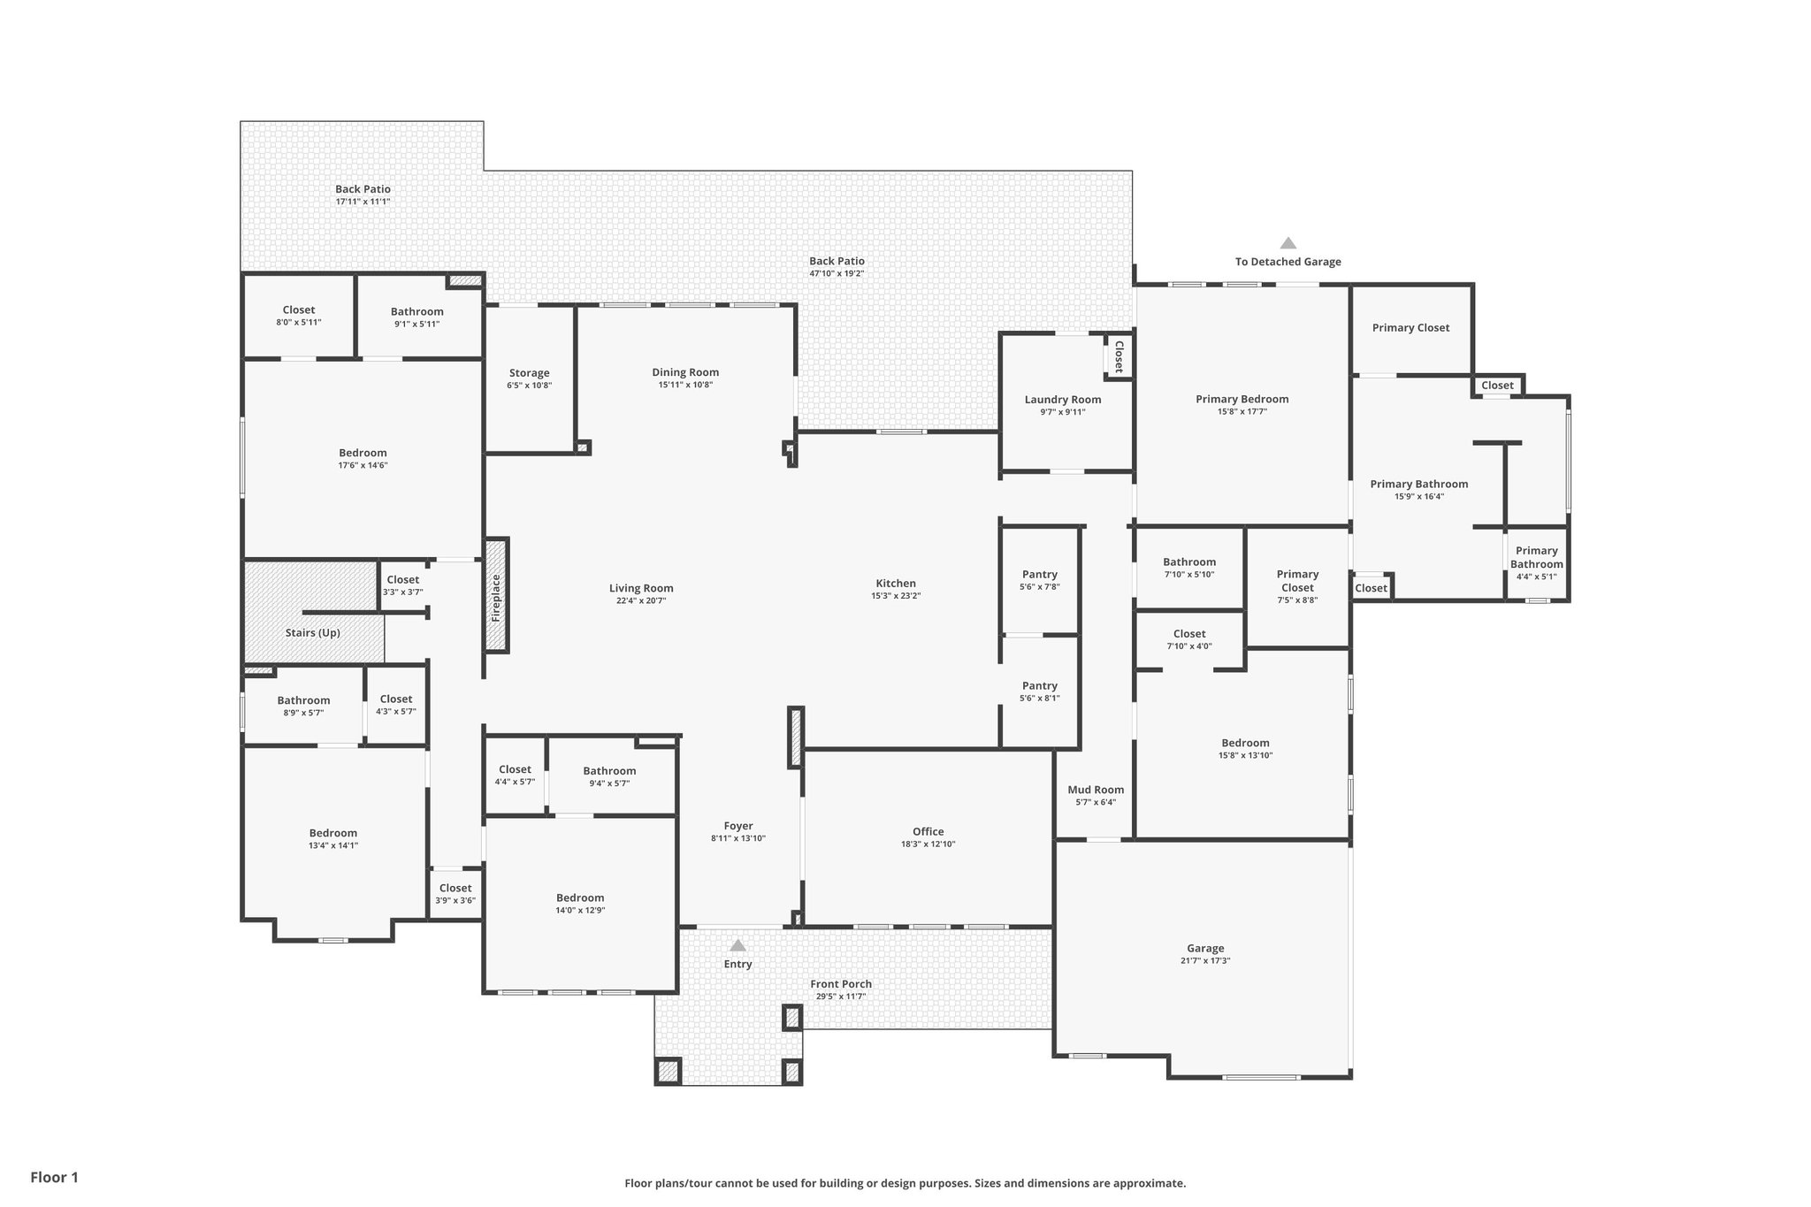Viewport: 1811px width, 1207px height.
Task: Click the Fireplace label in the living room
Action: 496,598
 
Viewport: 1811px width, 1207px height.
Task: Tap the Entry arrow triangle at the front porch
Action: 737,946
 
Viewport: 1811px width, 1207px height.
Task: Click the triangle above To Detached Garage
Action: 1288,243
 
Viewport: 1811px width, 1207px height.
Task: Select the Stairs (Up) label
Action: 312,633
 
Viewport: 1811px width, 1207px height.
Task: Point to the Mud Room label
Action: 1096,790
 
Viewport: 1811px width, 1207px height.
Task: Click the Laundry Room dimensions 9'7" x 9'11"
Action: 1062,412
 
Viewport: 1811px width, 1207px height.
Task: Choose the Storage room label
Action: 529,373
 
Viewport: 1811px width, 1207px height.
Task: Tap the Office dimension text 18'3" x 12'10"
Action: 928,844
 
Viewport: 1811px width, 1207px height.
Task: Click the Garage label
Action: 1205,948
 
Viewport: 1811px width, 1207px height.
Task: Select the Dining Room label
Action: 685,372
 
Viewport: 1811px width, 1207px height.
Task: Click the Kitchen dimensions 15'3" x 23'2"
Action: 896,596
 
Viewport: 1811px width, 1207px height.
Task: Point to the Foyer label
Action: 738,826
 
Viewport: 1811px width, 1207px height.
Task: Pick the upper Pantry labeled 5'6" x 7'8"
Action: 1039,575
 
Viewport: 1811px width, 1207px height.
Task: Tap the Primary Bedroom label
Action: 1242,399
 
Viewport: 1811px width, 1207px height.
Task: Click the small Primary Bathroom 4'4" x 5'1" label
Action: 1536,557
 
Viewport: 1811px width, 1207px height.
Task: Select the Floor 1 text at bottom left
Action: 55,1177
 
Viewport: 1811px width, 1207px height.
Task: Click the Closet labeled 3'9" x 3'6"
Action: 455,888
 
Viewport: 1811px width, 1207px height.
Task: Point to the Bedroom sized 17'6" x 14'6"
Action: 363,453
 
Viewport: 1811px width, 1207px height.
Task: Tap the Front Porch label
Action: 841,983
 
